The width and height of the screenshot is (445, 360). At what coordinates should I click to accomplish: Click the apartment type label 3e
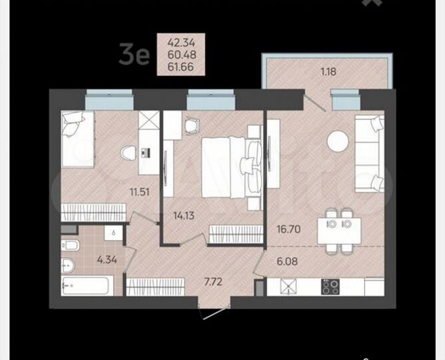tap(133, 54)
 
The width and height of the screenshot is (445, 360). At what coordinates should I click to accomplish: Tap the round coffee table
tap(337, 141)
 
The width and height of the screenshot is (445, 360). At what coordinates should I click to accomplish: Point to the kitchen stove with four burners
tap(330, 287)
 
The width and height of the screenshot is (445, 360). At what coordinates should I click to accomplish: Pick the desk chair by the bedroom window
tap(193, 127)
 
